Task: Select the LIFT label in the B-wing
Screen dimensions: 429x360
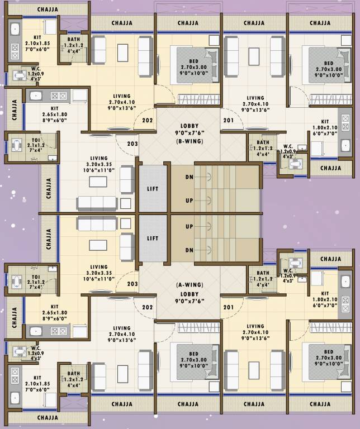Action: (153, 189)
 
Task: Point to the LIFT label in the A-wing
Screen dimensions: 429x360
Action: (153, 238)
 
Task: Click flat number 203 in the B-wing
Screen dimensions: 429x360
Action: (132, 144)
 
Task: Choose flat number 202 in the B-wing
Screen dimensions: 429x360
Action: (148, 120)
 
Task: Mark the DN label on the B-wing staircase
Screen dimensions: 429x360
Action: (190, 177)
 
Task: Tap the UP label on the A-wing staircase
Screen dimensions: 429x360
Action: (190, 226)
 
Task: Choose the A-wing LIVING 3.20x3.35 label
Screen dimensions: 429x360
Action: (99, 271)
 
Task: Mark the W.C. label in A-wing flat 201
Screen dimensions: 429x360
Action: (289, 273)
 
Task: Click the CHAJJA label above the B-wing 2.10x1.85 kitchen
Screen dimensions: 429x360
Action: (48, 9)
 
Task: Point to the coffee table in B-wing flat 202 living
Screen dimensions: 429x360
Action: (122, 51)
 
